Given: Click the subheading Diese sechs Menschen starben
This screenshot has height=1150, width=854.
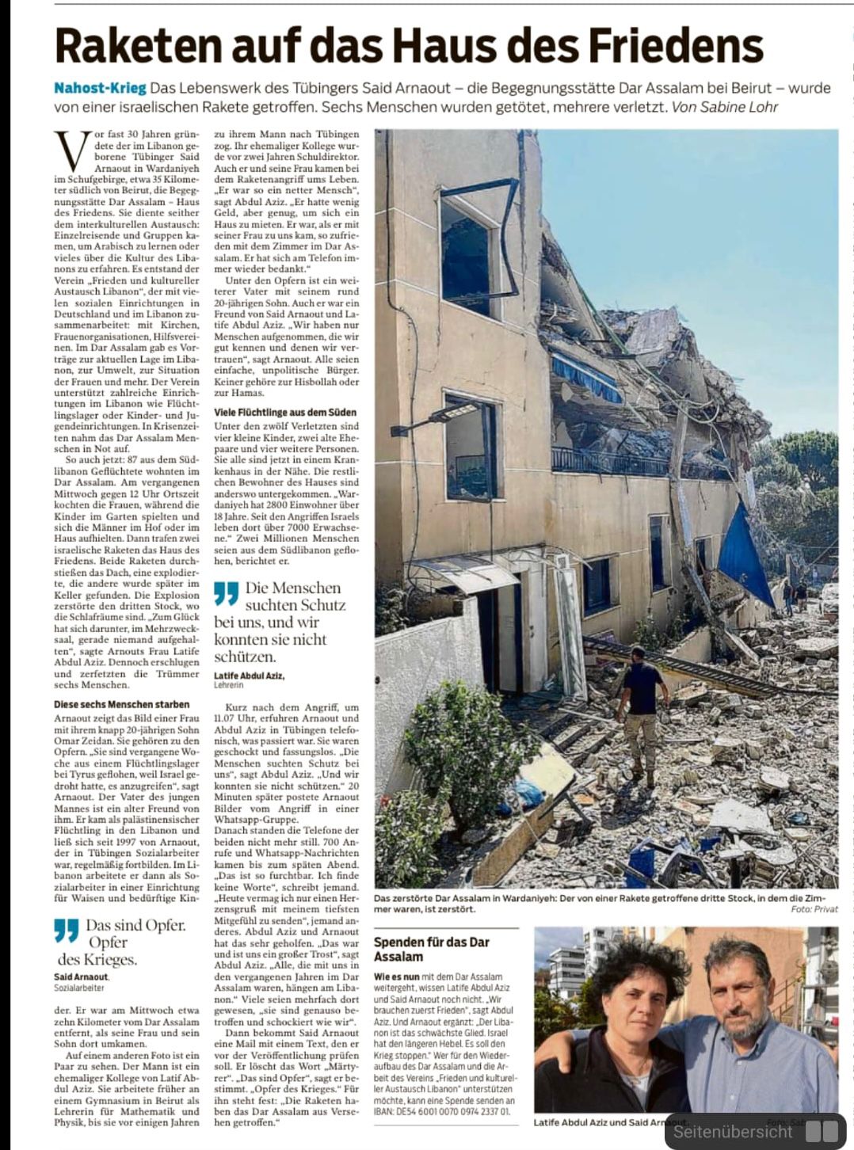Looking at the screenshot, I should pyautogui.click(x=122, y=704).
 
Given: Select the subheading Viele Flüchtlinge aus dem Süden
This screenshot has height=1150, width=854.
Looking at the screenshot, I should pyautogui.click(x=285, y=413).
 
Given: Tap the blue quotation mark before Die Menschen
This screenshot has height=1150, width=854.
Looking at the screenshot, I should pyautogui.click(x=226, y=593).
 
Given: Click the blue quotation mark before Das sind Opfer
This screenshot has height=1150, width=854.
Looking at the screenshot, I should pyautogui.click(x=67, y=930).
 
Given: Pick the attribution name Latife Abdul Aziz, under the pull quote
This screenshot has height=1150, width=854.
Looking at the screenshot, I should pyautogui.click(x=249, y=676).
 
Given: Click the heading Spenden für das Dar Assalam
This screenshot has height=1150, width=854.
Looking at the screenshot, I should pyautogui.click(x=432, y=949).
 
